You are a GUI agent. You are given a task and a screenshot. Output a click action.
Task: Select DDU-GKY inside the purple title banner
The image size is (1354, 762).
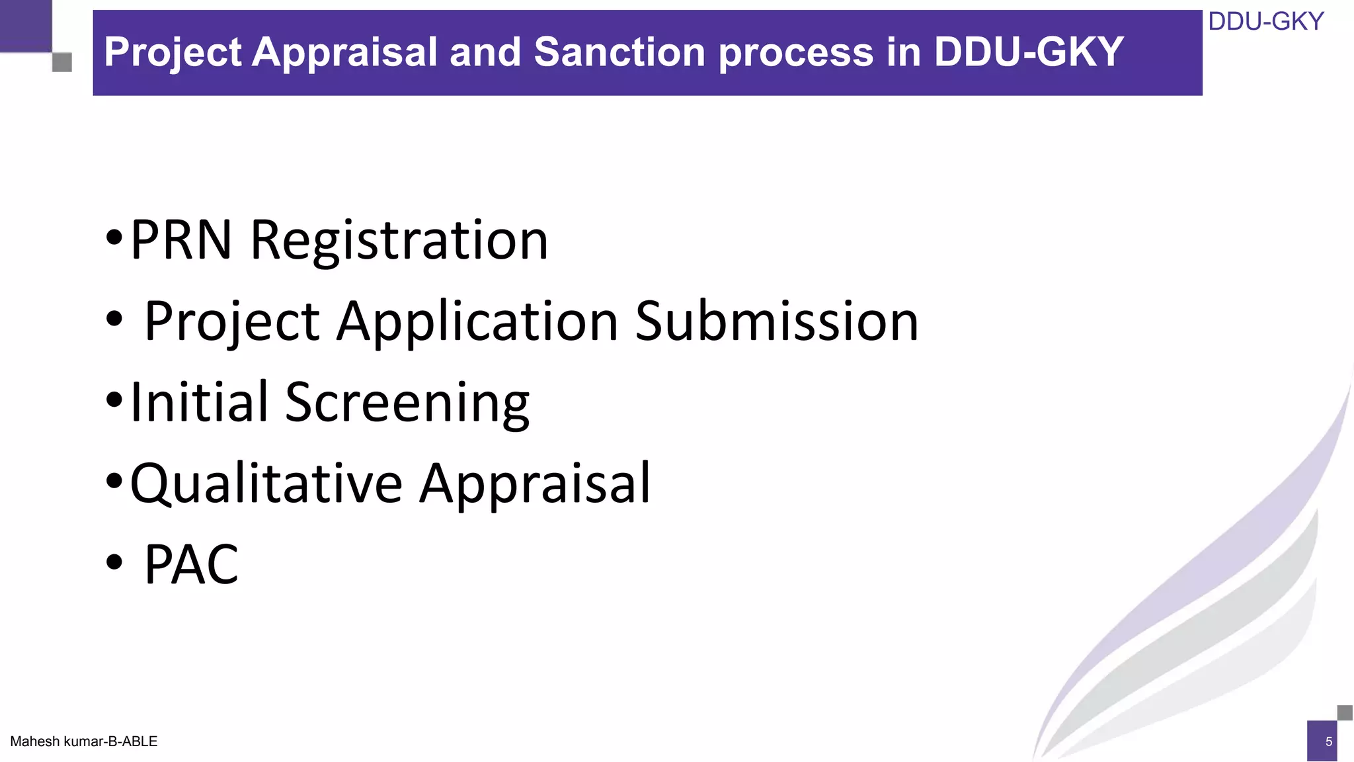(1029, 52)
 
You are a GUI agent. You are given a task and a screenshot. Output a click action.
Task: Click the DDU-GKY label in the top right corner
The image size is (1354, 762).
(1265, 22)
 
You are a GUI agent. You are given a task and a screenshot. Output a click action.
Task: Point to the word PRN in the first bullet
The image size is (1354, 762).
(181, 239)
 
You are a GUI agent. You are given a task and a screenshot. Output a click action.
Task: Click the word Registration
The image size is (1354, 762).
(399, 241)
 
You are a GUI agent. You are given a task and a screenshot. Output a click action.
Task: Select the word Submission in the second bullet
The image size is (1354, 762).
(777, 321)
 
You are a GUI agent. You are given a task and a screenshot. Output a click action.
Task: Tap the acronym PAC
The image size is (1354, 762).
(191, 565)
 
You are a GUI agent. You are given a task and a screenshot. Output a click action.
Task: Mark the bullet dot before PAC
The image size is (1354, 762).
(114, 562)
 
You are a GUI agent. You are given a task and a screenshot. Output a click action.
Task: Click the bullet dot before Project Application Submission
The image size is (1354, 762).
(114, 319)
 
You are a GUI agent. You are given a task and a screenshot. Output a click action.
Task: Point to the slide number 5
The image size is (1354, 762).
(1328, 741)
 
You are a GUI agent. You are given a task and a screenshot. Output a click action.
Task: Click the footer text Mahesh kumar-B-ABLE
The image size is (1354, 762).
(84, 741)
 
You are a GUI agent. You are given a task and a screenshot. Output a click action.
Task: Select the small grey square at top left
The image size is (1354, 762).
(61, 63)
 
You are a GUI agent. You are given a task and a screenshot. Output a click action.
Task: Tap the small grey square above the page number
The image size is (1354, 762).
(1345, 712)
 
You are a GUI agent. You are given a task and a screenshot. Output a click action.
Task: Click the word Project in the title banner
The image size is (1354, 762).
(173, 52)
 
